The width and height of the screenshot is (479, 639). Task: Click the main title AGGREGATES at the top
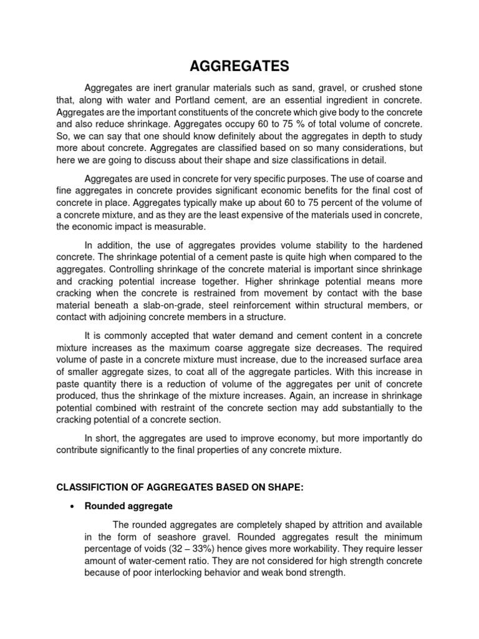click(239, 66)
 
